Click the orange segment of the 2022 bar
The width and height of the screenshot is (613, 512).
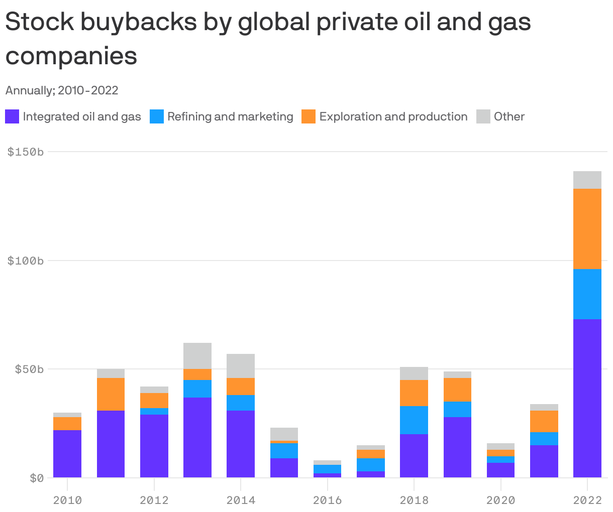pos(587,229)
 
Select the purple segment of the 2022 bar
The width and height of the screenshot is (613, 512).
pos(587,398)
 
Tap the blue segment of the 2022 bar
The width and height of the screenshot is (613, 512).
pos(587,294)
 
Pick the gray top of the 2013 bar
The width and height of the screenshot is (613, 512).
pos(197,356)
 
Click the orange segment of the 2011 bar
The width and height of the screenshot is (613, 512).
pos(111,394)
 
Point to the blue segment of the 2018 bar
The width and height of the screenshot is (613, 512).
pos(414,420)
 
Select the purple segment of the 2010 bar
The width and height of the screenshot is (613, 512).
pos(67,454)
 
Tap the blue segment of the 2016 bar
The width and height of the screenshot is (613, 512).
pos(327,469)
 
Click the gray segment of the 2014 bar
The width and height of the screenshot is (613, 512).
pos(241,366)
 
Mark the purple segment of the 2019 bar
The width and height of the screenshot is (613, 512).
pos(457,447)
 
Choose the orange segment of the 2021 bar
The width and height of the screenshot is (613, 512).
pos(544,421)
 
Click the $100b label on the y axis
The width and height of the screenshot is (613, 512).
pos(26,261)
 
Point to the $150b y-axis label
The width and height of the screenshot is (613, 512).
pos(26,152)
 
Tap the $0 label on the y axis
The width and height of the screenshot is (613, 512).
pos(36,477)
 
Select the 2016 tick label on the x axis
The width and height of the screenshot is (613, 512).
pos(327,500)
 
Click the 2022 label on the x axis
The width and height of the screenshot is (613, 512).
pos(587,500)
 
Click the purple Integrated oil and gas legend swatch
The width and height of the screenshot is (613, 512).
pos(12,116)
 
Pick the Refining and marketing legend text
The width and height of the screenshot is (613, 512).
pos(230,116)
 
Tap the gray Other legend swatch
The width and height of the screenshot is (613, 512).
pos(483,116)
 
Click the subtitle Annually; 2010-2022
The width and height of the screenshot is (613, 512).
pos(62,90)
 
